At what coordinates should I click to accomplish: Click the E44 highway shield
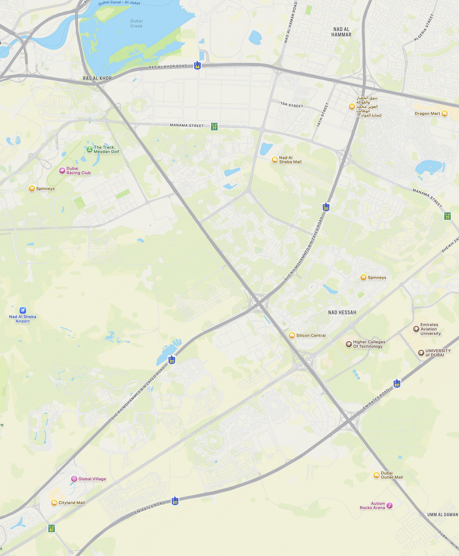tap(197, 65)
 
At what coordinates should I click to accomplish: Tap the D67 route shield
tap(52, 528)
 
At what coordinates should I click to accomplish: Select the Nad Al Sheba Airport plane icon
tap(23, 310)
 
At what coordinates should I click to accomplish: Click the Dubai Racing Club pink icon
tap(62, 170)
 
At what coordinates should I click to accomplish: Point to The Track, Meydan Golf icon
tap(90, 149)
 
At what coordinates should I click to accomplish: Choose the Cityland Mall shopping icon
tap(54, 503)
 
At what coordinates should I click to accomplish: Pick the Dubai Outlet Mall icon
tap(376, 475)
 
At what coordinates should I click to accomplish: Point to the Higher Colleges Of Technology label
tap(369, 344)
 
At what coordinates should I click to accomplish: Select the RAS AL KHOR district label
tap(97, 78)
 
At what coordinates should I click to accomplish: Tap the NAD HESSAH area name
tap(342, 313)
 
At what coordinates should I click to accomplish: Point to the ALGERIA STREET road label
tap(424, 28)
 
